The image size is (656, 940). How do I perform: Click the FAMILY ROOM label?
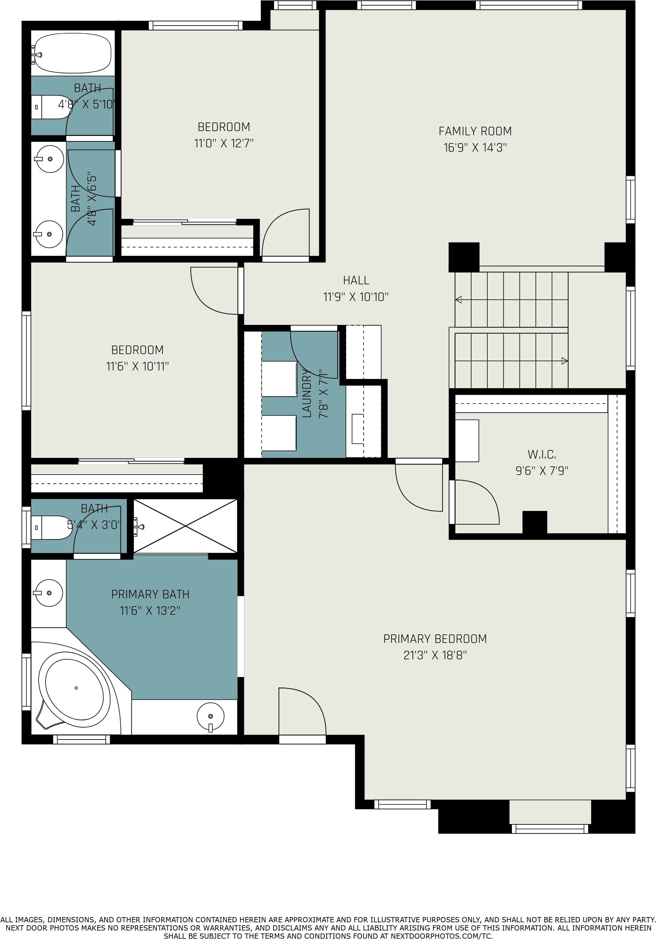pos(475,131)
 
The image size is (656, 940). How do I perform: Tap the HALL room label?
pos(356,280)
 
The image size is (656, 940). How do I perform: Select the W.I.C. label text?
pos(541,455)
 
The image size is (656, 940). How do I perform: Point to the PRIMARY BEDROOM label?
pos(435,639)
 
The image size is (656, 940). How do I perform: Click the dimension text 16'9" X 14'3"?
pos(475,147)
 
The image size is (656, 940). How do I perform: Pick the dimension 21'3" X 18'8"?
pos(435,655)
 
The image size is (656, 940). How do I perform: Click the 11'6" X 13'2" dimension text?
pos(150,611)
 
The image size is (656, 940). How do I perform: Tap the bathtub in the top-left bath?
pos(72,53)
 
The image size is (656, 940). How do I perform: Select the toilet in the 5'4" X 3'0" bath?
pos(51,528)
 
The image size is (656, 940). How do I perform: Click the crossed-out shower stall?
pos(185,526)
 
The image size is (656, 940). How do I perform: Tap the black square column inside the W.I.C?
pos(534,522)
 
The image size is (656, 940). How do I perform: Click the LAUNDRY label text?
pos(307,393)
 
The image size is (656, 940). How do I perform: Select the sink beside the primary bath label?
pos(49,593)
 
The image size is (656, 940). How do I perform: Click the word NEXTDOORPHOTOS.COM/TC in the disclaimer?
pos(441,936)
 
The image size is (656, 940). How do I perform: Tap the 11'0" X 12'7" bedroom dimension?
pos(224,143)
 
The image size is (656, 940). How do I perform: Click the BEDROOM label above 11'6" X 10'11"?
pos(137,350)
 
